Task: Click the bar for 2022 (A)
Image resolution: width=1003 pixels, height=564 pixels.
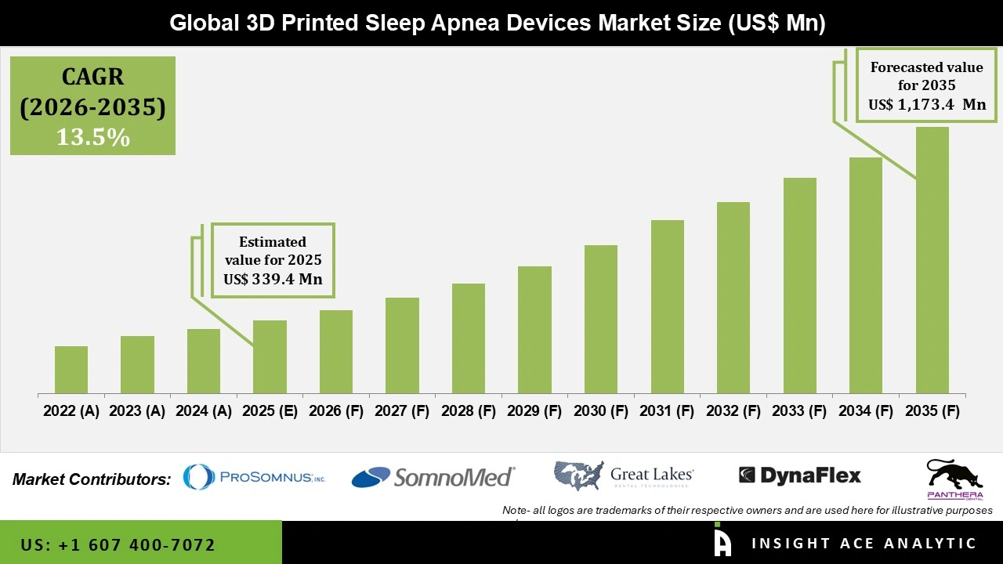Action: [x=71, y=370]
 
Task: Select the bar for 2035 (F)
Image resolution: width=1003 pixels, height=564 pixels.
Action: [x=932, y=260]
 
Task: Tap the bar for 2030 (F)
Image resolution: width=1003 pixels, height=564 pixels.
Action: [x=601, y=320]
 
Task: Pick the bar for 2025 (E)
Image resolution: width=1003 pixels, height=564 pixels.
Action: [x=270, y=357]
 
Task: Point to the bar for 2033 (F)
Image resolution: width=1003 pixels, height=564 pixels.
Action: [x=799, y=286]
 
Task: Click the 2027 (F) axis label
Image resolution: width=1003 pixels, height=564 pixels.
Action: [x=402, y=411]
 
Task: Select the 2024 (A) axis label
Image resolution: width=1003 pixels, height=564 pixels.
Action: [x=204, y=411]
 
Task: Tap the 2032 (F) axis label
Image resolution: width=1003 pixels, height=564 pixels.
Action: [x=733, y=411]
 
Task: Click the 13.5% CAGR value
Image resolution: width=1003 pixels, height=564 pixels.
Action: [x=92, y=138]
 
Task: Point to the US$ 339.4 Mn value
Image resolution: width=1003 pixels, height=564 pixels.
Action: [x=273, y=279]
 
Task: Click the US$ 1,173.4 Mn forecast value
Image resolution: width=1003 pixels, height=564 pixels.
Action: [x=927, y=105]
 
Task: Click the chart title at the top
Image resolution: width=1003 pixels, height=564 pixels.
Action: [x=498, y=23]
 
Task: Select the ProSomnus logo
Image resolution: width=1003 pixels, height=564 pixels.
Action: [x=254, y=476]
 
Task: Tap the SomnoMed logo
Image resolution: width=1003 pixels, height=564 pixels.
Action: [x=433, y=476]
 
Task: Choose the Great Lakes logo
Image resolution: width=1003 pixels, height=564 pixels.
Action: [x=624, y=475]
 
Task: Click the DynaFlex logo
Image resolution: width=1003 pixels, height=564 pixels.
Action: [x=800, y=475]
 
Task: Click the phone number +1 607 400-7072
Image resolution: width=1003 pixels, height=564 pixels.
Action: [x=118, y=544]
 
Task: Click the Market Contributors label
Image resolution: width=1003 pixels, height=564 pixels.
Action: [x=92, y=479]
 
